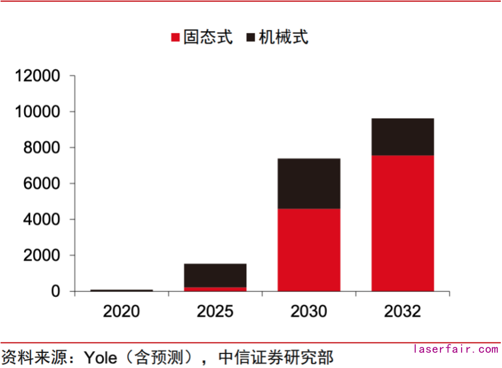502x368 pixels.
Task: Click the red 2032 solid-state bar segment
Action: point(402,223)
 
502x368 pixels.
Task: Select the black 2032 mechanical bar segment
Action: point(402,137)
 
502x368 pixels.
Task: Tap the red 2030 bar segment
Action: point(309,250)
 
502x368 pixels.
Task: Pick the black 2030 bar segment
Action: point(309,183)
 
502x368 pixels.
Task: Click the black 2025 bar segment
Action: point(215,275)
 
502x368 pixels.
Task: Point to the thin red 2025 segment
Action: point(215,289)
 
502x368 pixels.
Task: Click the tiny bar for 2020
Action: point(121,290)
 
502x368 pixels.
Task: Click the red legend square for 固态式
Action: point(176,38)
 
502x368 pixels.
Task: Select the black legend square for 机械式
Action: point(251,38)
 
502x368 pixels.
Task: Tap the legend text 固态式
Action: point(208,37)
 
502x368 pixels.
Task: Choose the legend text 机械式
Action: point(284,37)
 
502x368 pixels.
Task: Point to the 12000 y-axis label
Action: point(39,76)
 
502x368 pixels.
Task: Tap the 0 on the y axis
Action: point(56,291)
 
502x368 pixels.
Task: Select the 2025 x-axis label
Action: point(215,311)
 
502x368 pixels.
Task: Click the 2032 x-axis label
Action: point(402,311)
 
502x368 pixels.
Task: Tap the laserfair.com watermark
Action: point(456,349)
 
